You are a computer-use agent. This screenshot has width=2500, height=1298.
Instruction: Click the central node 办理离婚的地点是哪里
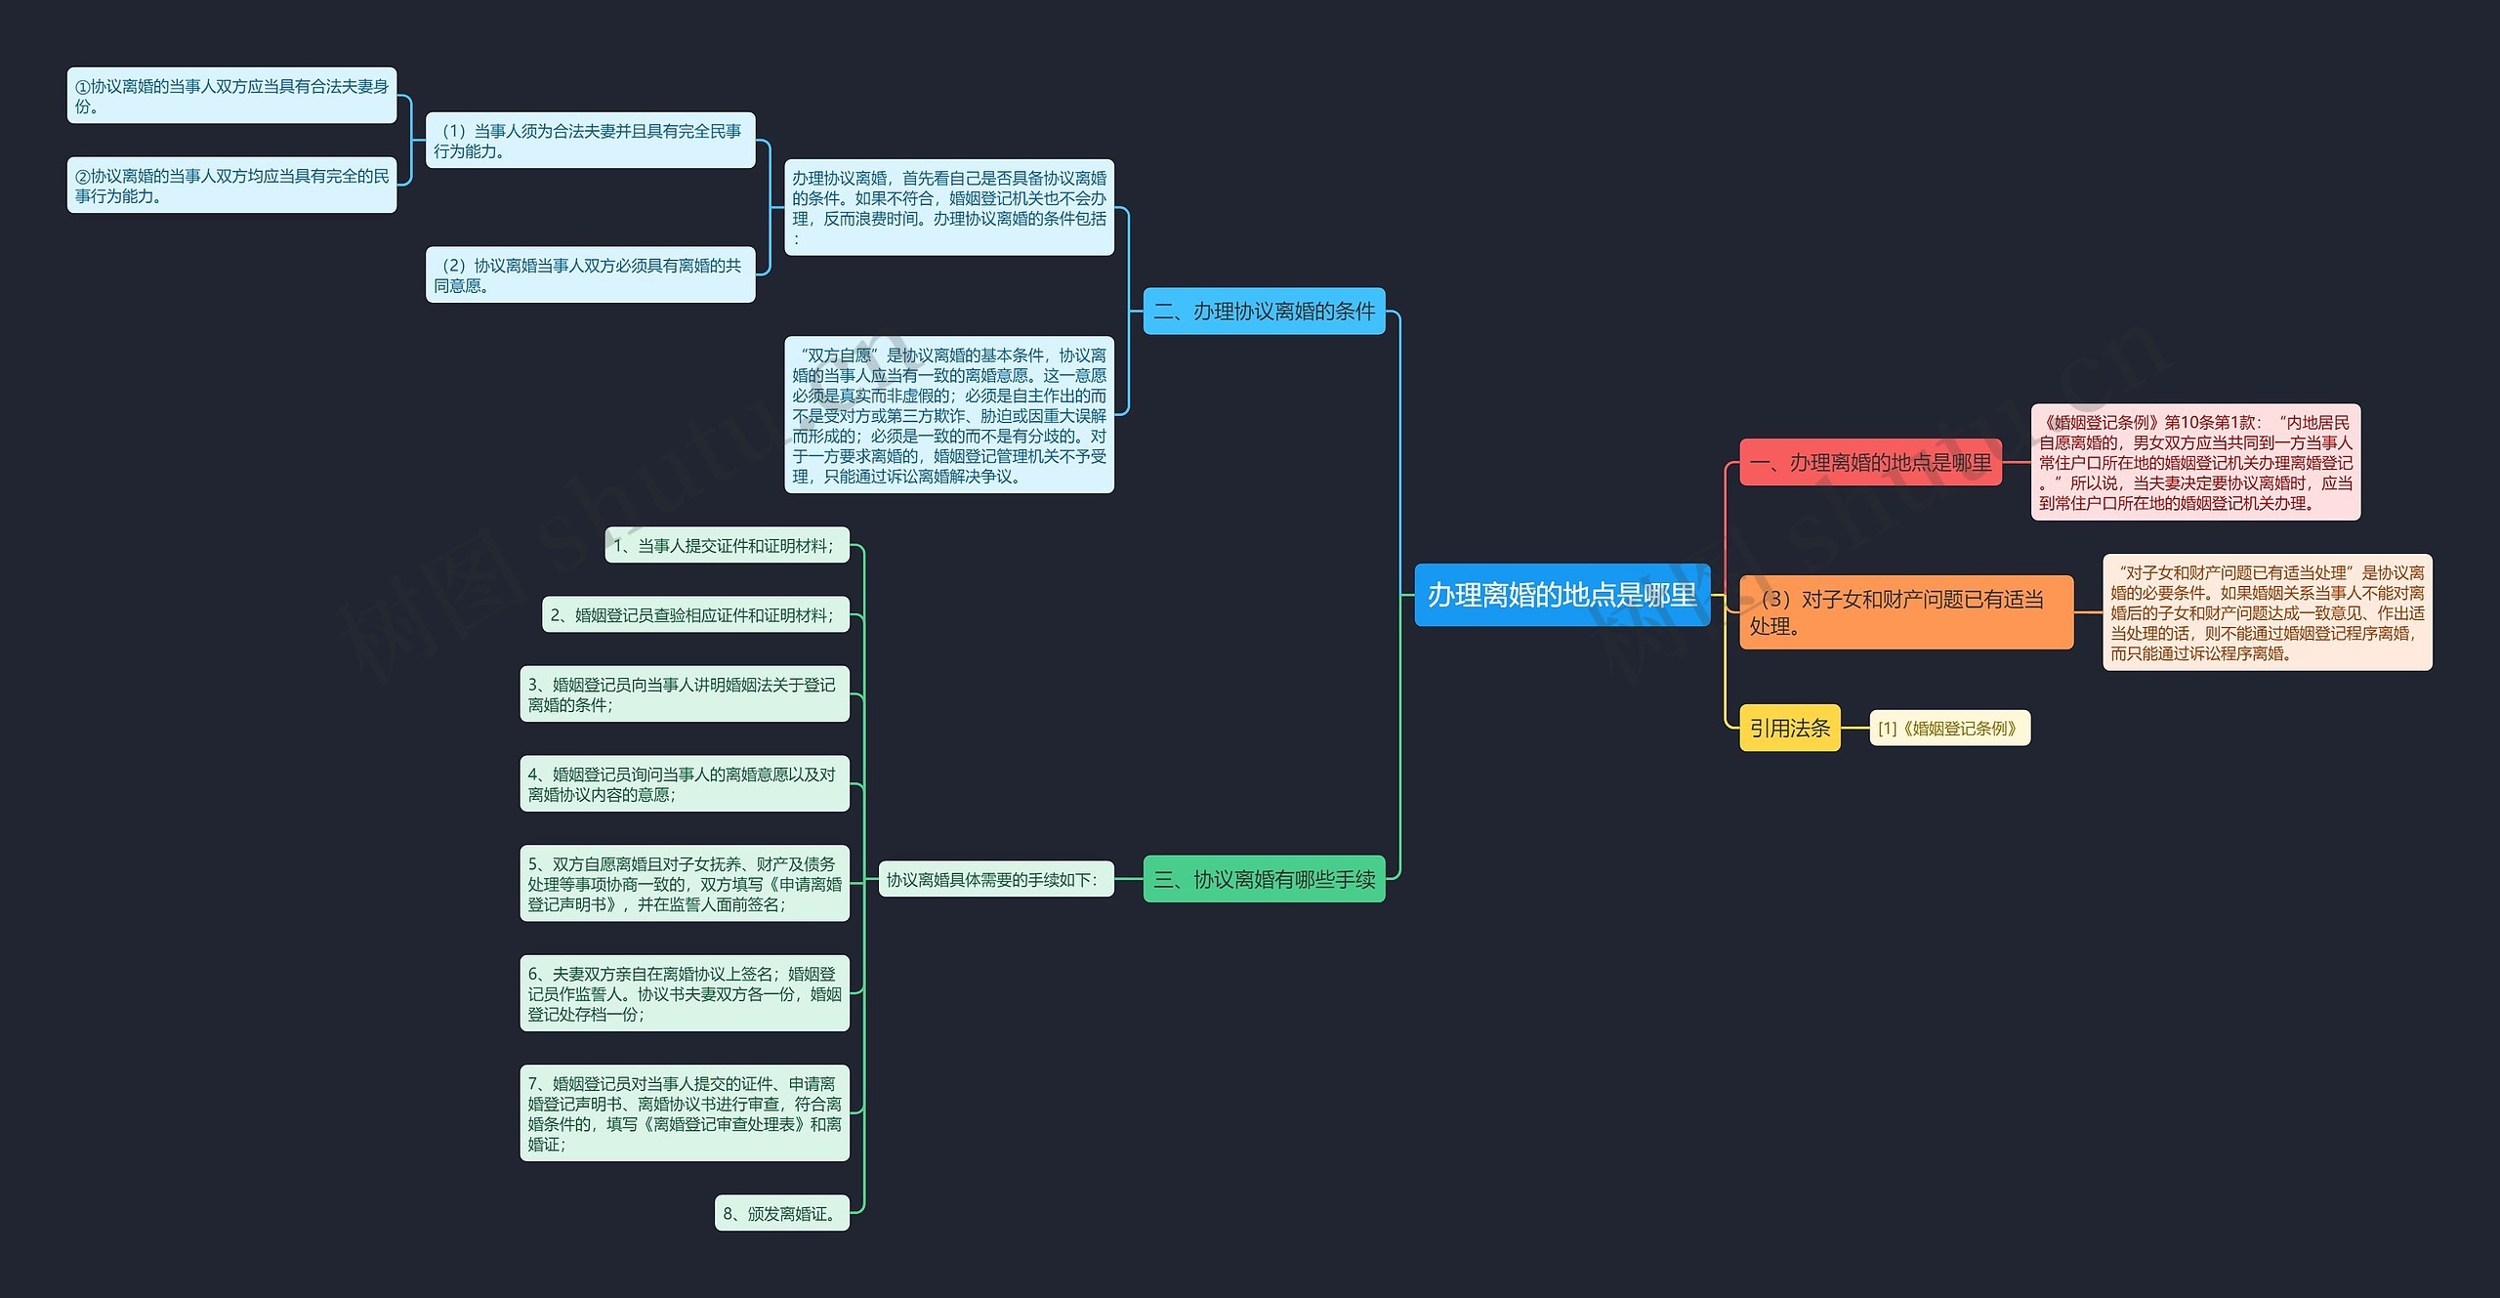coord(1562,595)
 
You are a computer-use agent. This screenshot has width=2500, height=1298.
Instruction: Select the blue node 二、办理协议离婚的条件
coord(1264,311)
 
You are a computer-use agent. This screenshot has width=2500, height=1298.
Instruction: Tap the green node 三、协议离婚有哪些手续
coord(1264,879)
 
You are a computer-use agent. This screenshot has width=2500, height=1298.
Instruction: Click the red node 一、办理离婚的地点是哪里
coord(1870,463)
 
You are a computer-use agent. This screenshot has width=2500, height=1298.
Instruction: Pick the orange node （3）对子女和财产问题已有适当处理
coord(1905,612)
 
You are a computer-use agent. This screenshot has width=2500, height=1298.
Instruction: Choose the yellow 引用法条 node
coord(1789,728)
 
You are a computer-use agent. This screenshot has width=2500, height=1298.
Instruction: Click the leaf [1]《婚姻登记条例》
coord(1949,728)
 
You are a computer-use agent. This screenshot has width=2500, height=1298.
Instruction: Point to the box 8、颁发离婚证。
coord(781,1213)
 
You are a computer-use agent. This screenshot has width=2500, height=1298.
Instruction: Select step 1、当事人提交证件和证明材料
coord(727,546)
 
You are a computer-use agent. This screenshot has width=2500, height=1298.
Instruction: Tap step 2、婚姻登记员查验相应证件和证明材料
coord(695,615)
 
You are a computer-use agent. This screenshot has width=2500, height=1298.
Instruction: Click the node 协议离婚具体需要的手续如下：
coord(995,879)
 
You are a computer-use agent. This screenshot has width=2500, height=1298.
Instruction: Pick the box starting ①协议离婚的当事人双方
coord(231,96)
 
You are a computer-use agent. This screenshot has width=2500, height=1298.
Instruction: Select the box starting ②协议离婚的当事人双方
coord(231,186)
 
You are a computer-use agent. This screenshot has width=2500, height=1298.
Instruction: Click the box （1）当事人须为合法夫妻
coord(590,141)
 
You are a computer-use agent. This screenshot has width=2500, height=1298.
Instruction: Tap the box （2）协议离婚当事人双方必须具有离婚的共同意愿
coord(590,274)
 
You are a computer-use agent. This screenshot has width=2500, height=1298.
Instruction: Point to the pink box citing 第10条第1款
coord(2195,462)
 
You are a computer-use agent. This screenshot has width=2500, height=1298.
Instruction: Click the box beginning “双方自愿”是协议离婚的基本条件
coord(948,415)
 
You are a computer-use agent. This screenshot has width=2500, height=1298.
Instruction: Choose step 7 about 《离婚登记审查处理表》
coord(684,1113)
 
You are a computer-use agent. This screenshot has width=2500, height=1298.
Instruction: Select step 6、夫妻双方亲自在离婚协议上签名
coord(684,993)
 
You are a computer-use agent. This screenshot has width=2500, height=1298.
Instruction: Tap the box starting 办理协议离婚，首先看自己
coord(948,207)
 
